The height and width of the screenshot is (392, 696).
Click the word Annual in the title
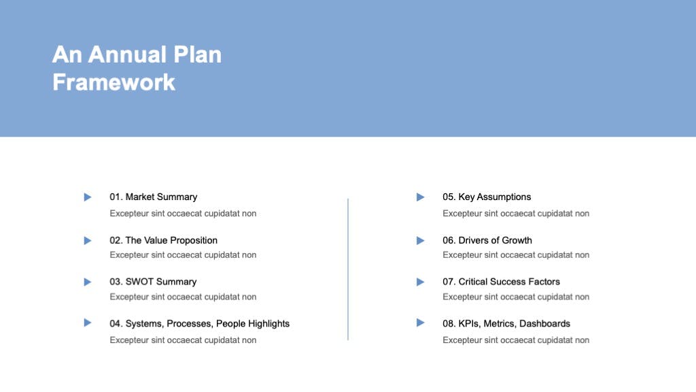(x=127, y=54)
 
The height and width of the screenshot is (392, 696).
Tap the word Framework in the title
(x=114, y=82)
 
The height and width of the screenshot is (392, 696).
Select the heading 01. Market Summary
(x=153, y=197)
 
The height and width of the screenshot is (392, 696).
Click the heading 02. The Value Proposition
(x=163, y=240)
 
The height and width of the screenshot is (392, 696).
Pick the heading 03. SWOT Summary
(x=153, y=282)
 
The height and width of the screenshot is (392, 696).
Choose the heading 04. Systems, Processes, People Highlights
(x=199, y=323)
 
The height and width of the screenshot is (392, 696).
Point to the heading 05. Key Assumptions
(x=487, y=197)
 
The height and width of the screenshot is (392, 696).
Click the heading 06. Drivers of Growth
(x=487, y=240)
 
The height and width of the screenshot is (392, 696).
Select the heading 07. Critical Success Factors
(x=501, y=282)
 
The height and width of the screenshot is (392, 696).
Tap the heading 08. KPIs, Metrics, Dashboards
(x=506, y=323)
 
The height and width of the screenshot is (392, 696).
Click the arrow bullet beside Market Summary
(x=88, y=197)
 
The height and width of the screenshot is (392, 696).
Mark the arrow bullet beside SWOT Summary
(x=88, y=282)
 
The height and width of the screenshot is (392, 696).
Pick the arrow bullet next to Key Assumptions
(x=420, y=197)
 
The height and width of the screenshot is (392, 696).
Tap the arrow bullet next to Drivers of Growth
(x=420, y=240)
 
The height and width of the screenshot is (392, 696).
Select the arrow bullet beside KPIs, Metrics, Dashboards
(x=420, y=323)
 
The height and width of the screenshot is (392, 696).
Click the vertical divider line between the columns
(x=348, y=269)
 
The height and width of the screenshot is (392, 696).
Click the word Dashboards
(x=544, y=323)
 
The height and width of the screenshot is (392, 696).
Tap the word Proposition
(x=194, y=240)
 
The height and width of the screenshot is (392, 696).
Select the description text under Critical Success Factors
(x=516, y=297)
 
